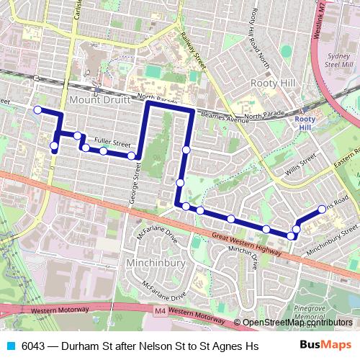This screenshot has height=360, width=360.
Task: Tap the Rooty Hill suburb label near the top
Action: tap(273, 84)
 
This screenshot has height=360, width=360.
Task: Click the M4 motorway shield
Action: tap(160, 310)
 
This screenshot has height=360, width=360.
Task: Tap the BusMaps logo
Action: tap(325, 345)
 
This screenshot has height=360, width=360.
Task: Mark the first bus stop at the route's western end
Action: tap(37, 110)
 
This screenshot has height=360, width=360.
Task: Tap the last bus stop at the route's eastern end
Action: tap(322, 210)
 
